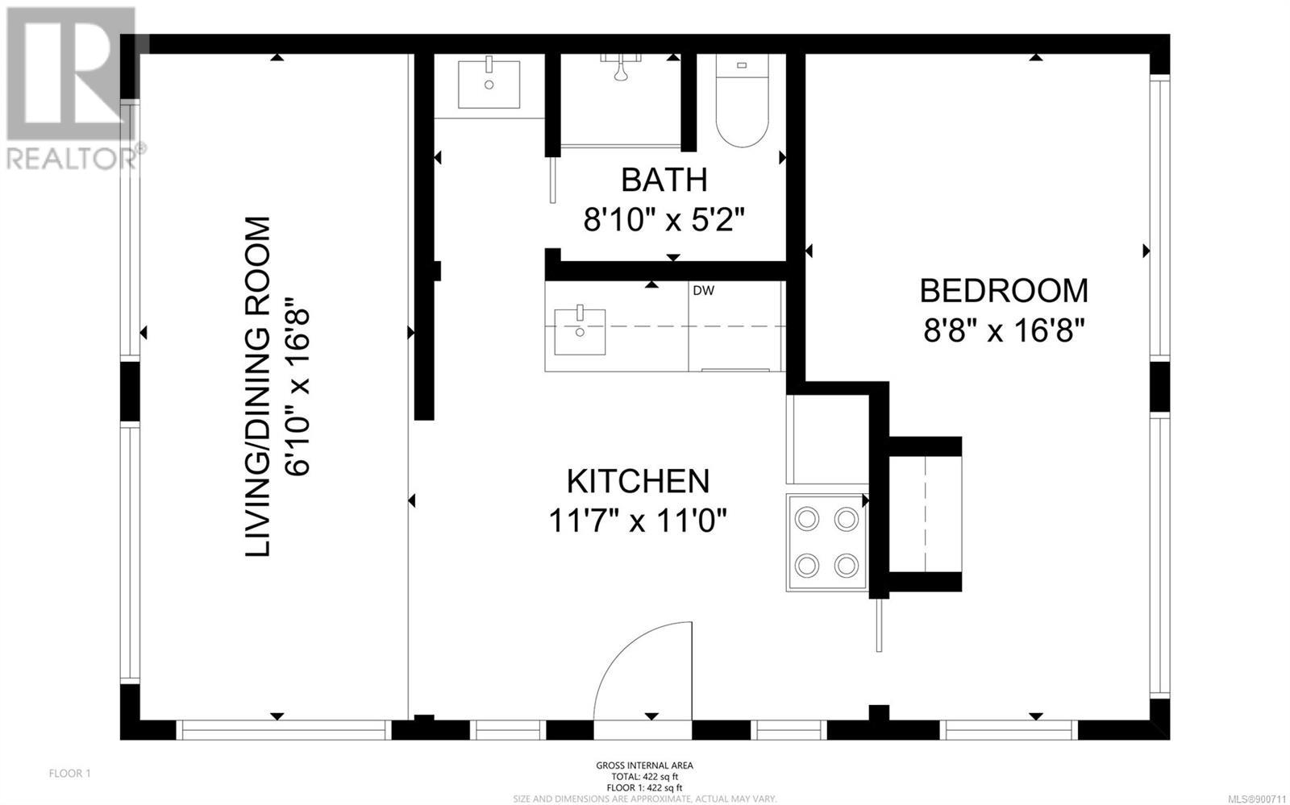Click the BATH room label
(664, 181)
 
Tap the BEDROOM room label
(1004, 291)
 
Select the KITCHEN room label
(638, 482)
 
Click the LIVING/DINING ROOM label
(257, 387)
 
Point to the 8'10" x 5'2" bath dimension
(664, 219)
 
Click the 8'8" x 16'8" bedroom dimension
(1005, 330)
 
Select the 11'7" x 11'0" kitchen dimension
(638, 521)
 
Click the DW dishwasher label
(703, 291)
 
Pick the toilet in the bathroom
(742, 101)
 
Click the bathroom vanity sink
(489, 84)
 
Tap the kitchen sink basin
(580, 331)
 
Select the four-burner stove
(827, 542)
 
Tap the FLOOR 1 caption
(69, 774)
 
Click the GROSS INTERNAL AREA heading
(644, 766)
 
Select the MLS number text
(1257, 799)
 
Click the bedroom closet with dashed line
(925, 514)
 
